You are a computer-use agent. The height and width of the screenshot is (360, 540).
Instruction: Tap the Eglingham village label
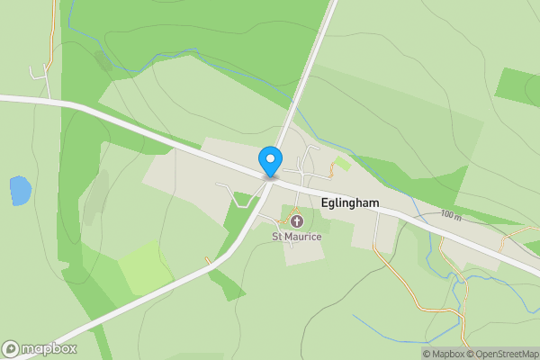pyautogui.click(x=349, y=205)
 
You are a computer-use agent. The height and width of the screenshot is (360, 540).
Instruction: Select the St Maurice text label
pyautogui.click(x=297, y=237)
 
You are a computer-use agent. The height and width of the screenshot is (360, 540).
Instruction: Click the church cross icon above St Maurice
pyautogui.click(x=297, y=220)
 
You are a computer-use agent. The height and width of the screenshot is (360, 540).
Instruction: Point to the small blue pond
pyautogui.click(x=20, y=190)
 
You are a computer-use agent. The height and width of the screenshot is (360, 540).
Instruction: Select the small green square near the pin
pyautogui.click(x=341, y=164)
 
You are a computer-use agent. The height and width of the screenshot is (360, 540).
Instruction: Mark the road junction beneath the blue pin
pyautogui.click(x=269, y=177)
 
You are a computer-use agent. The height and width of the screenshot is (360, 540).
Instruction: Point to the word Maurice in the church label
pyautogui.click(x=305, y=237)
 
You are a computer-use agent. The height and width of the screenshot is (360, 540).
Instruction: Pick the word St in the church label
pyautogui.click(x=278, y=237)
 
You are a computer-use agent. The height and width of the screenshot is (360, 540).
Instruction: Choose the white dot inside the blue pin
pyautogui.click(x=269, y=158)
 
